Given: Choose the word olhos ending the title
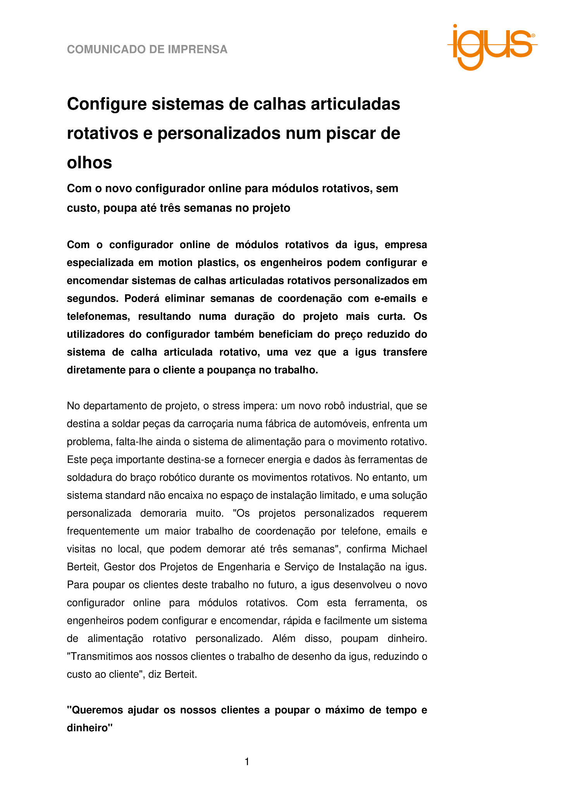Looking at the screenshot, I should [x=89, y=163].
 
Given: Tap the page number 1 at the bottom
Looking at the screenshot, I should [x=247, y=762].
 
